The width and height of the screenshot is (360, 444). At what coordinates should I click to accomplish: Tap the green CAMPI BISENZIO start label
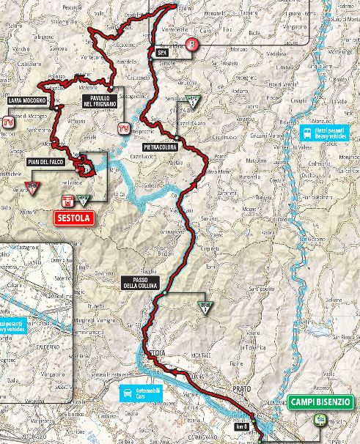[x=320, y=402]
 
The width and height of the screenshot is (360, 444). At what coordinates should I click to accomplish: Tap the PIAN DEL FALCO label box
[x=44, y=160]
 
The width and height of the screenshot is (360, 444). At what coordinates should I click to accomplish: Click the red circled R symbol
[x=192, y=43]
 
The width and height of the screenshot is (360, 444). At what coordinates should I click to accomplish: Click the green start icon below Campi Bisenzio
[x=320, y=420]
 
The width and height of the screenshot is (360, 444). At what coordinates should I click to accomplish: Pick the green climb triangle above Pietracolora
[x=192, y=101]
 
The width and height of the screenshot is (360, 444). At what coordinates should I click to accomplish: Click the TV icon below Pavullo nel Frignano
[x=124, y=129]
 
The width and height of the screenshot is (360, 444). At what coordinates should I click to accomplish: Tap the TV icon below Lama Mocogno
[x=9, y=122]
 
